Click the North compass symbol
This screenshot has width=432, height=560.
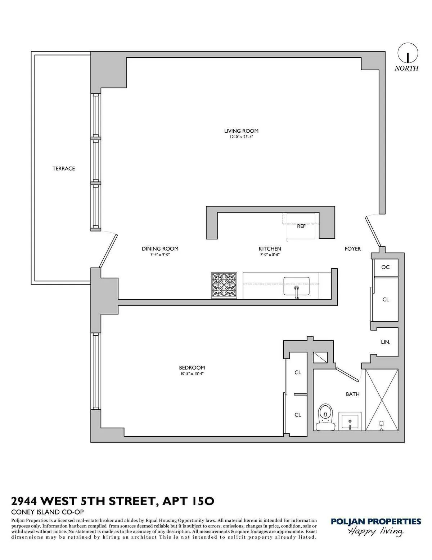pyautogui.click(x=408, y=53)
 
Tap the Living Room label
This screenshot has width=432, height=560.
pyautogui.click(x=241, y=131)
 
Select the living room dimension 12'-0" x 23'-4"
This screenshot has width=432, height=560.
pyautogui.click(x=241, y=137)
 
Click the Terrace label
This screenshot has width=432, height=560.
pyautogui.click(x=64, y=168)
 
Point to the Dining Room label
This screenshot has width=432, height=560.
pyautogui.click(x=160, y=249)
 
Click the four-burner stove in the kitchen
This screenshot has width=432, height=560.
pyautogui.click(x=224, y=285)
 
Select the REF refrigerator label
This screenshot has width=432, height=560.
pyautogui.click(x=301, y=226)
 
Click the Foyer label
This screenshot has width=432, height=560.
pyautogui.click(x=352, y=249)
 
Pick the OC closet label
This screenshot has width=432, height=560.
pyautogui.click(x=385, y=267)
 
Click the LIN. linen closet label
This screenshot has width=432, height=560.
pyautogui.click(x=386, y=342)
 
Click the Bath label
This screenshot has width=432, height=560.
pyautogui.click(x=352, y=394)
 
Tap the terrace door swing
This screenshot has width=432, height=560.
pyautogui.click(x=109, y=249)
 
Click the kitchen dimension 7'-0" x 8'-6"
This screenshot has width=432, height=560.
pyautogui.click(x=270, y=255)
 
